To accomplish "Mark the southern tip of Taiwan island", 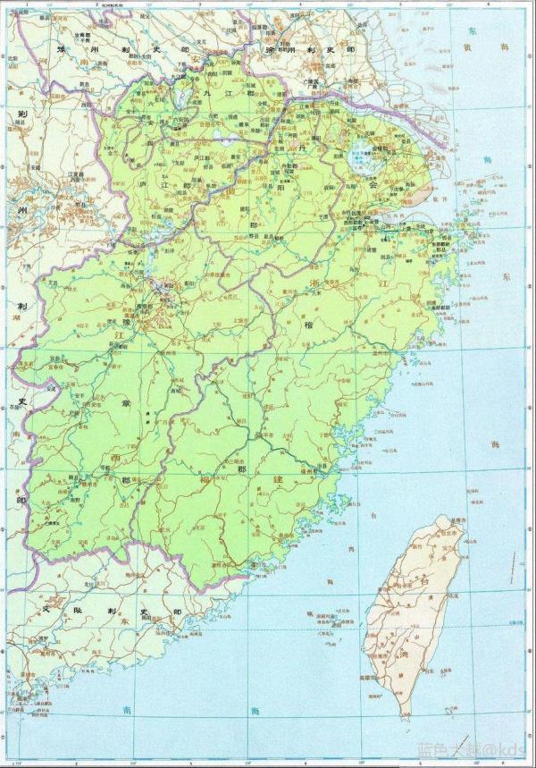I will coord(407,715).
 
